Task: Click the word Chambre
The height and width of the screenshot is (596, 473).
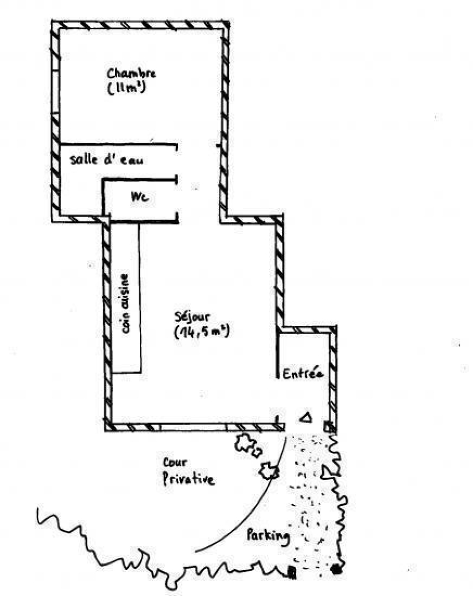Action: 132,73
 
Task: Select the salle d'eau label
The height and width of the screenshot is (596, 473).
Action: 106,160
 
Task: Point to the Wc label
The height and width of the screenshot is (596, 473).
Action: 139,196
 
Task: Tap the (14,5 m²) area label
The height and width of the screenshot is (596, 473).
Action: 201,332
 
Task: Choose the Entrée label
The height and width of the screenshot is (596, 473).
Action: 302,374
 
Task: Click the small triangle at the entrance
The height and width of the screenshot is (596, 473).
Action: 305,418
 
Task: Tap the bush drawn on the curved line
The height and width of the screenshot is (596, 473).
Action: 269,471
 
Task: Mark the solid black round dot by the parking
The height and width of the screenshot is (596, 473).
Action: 336,569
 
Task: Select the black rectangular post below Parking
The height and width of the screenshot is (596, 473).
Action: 292,573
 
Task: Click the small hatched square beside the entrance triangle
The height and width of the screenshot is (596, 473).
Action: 328,426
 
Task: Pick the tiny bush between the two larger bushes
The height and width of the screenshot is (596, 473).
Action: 257,452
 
